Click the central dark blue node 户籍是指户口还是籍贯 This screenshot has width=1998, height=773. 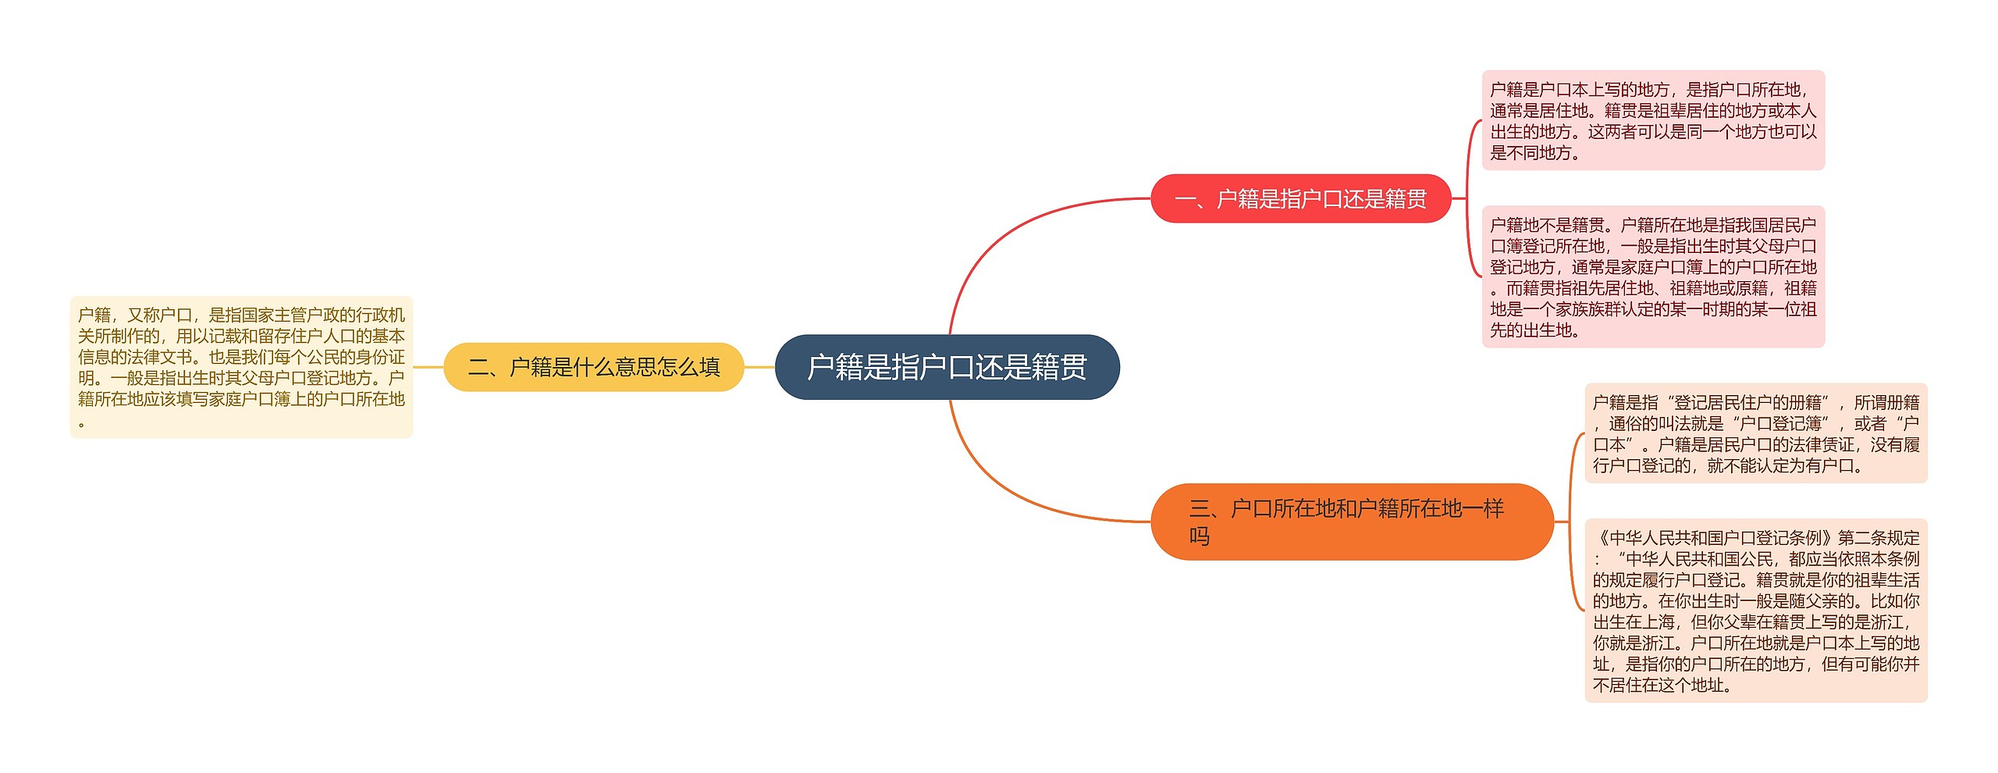tap(947, 367)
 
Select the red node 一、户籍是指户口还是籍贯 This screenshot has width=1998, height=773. tap(1300, 199)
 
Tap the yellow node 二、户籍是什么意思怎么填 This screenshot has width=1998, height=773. tap(593, 367)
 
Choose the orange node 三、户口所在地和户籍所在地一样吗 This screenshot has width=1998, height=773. tap(1351, 522)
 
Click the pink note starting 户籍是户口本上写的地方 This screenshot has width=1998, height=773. tap(1653, 120)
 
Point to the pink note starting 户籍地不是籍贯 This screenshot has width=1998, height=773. tap(1653, 277)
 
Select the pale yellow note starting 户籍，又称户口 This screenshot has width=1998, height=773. tap(241, 367)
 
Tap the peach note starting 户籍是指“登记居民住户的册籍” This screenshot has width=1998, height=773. tap(1755, 433)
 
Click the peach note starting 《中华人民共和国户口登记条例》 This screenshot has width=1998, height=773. tap(1755, 611)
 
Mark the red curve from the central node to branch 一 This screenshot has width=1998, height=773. tap(1007, 234)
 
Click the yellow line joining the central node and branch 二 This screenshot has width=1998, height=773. tap(759, 367)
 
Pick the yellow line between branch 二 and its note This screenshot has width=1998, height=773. tap(428, 367)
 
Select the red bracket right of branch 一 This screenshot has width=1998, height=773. tap(1468, 199)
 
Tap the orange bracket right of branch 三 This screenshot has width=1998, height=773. tap(1570, 522)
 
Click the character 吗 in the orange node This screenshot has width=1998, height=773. tap(1200, 536)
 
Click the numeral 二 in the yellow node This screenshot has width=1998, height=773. tap(478, 367)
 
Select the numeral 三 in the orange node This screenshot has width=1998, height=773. tap(1200, 509)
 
